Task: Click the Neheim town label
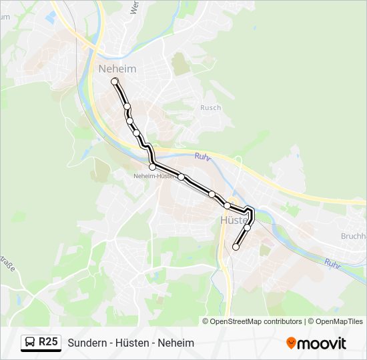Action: click(x=117, y=69)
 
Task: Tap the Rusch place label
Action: click(x=210, y=107)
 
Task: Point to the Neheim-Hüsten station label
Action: click(x=154, y=176)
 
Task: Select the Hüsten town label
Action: click(x=234, y=219)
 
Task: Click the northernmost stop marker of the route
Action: click(x=115, y=81)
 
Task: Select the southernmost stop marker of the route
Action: click(x=236, y=247)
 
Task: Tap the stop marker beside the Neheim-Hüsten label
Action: click(x=153, y=167)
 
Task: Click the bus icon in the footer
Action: click(x=29, y=343)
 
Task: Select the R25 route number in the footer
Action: click(x=48, y=342)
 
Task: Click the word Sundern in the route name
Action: click(x=86, y=343)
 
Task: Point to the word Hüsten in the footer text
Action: click(x=133, y=343)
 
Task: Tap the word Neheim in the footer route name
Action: click(x=177, y=343)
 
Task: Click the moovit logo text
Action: click(x=322, y=343)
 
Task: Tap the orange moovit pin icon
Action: click(x=291, y=343)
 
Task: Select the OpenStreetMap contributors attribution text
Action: click(x=256, y=321)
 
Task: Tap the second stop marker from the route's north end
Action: click(x=127, y=107)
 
